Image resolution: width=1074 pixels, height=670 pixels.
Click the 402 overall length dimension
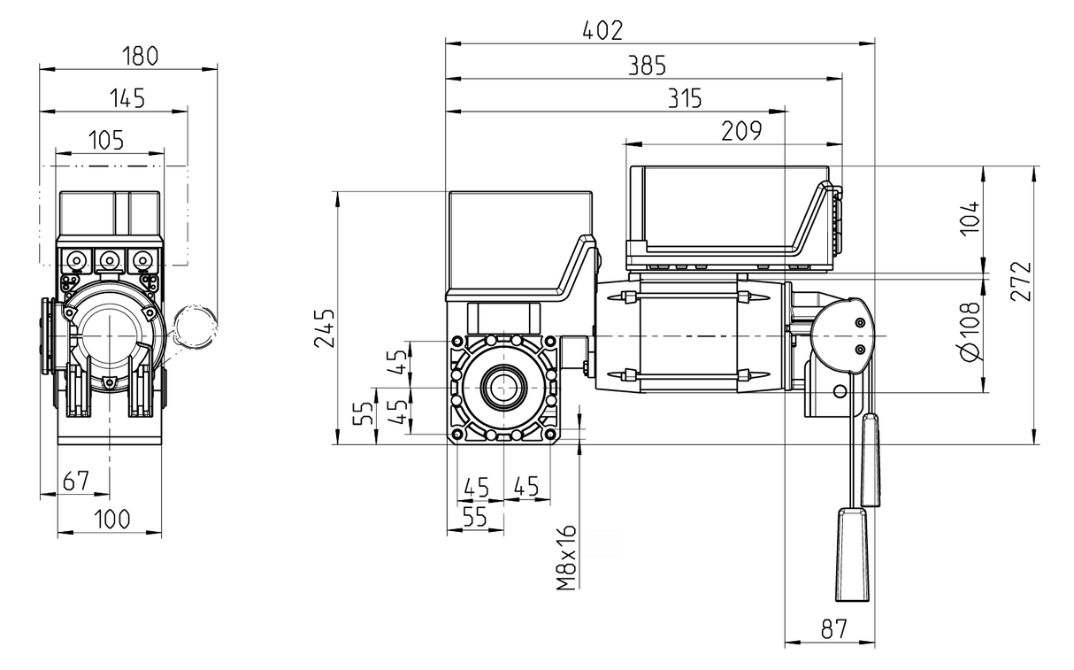602,30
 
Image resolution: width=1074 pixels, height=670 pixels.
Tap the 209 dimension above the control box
740,131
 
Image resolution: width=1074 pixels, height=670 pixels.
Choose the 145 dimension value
127,99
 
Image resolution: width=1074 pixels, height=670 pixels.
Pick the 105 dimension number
106,140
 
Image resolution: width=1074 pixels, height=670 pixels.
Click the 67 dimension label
76,481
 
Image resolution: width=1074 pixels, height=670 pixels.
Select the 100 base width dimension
111,519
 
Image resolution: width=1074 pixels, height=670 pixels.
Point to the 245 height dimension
326,328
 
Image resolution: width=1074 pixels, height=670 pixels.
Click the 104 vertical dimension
970,216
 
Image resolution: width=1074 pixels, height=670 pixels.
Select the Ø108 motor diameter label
970,332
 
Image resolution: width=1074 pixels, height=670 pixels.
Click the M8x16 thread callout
567,557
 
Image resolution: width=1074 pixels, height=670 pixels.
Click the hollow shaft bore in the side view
503,388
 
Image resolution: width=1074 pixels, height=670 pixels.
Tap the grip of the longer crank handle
851,553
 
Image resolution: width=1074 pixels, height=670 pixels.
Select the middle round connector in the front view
109,260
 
